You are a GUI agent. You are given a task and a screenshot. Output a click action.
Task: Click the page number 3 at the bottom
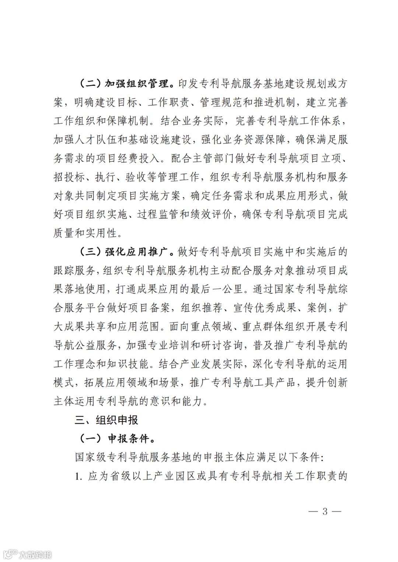tap(325, 512)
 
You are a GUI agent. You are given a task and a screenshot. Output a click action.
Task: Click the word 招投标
tap(69, 178)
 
